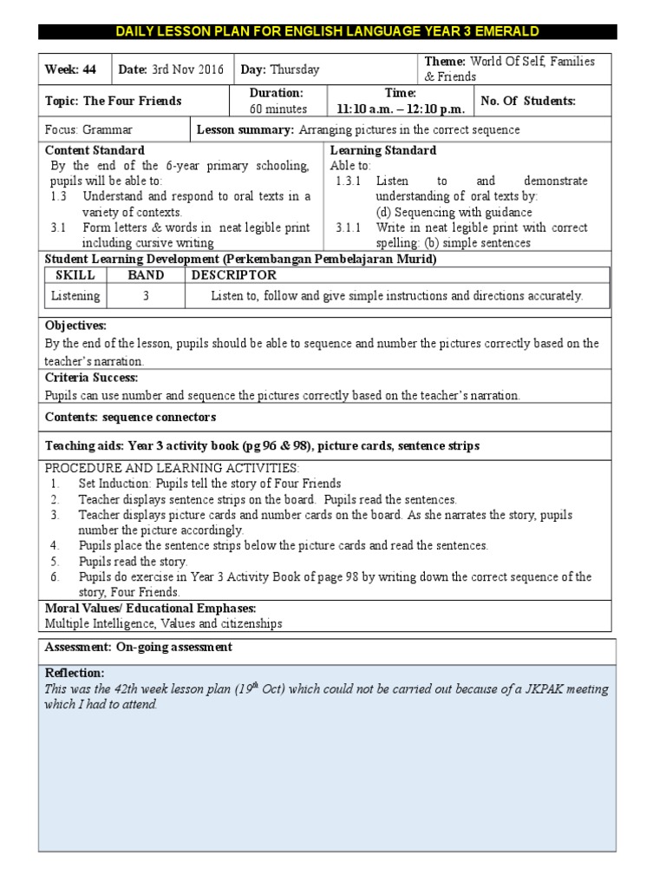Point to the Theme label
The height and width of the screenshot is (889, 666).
444,62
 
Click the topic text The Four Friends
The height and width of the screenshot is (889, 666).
132,101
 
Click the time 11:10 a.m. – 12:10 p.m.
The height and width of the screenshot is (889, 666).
401,109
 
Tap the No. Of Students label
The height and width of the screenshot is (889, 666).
527,101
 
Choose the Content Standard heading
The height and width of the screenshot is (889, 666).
95,150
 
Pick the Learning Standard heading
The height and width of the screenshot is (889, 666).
383,150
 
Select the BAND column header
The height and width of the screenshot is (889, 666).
146,274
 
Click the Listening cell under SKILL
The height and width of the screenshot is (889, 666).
75,296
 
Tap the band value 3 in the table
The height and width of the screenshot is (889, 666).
146,296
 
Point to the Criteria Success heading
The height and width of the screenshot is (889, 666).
91,378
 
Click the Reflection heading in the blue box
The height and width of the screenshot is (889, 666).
74,673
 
